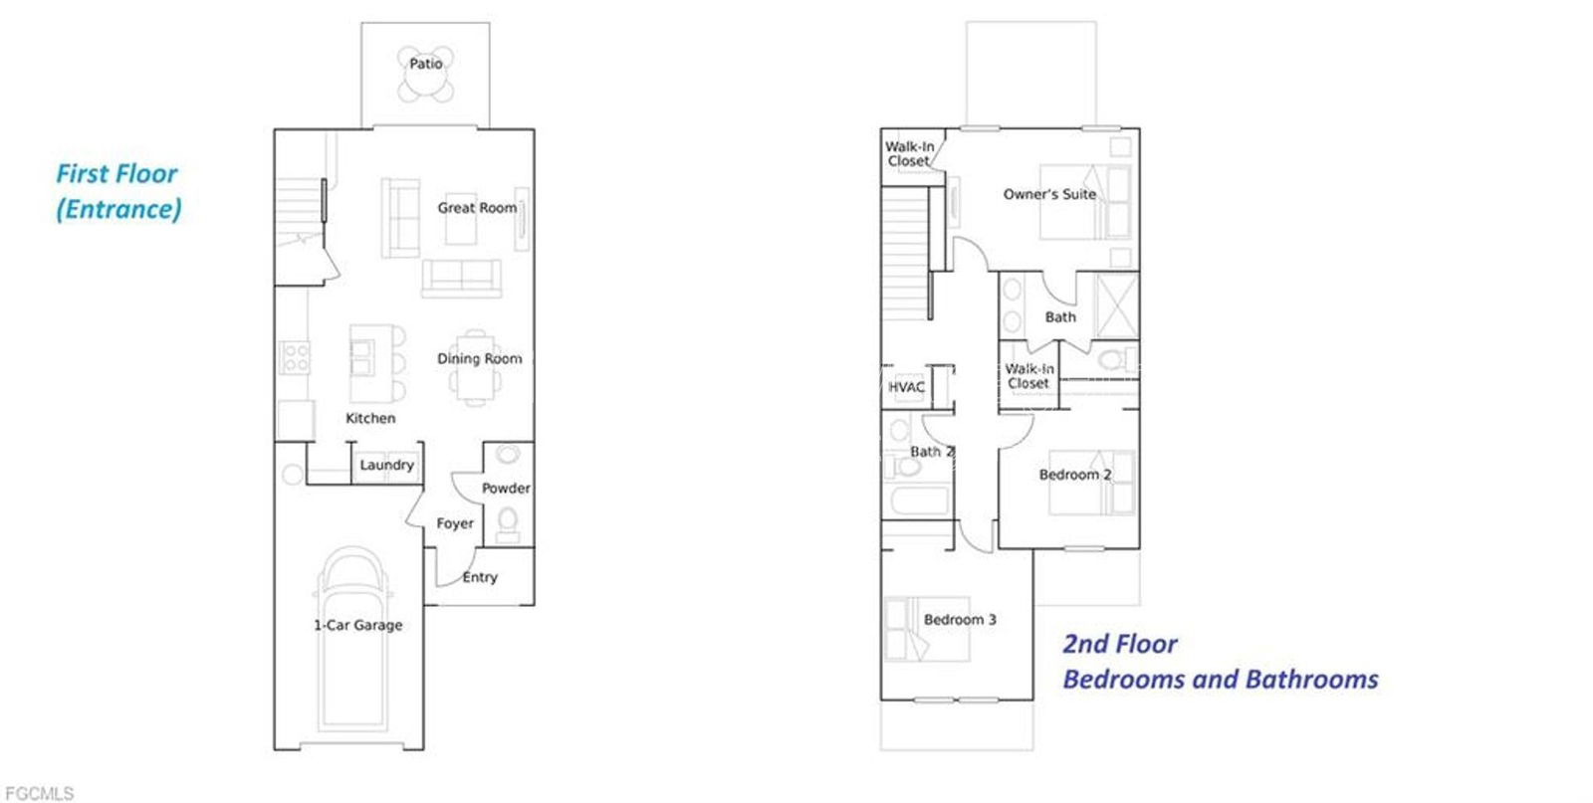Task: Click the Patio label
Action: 426,64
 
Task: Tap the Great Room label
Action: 477,208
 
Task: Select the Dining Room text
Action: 479,359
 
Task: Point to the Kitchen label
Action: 370,419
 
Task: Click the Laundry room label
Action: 387,465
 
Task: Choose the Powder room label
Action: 506,489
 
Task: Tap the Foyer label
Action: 455,523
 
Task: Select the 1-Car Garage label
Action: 358,625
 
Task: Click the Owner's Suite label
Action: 1049,194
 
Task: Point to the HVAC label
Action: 906,387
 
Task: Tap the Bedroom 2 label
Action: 1075,475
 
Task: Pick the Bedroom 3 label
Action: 960,620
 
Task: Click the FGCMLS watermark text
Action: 39,793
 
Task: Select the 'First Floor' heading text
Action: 116,174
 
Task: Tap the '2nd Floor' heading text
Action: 1120,644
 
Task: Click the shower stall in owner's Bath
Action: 1116,305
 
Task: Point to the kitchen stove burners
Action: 295,357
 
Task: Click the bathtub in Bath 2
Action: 919,501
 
